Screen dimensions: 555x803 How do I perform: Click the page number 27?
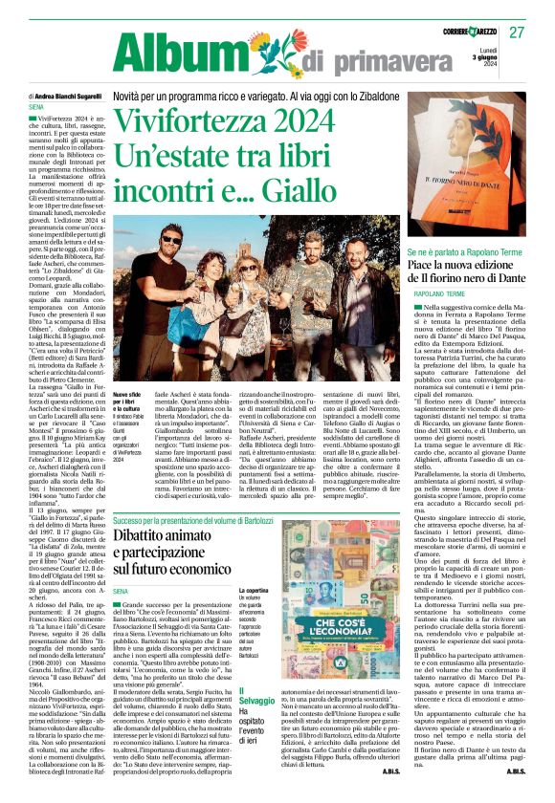coord(518,33)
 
